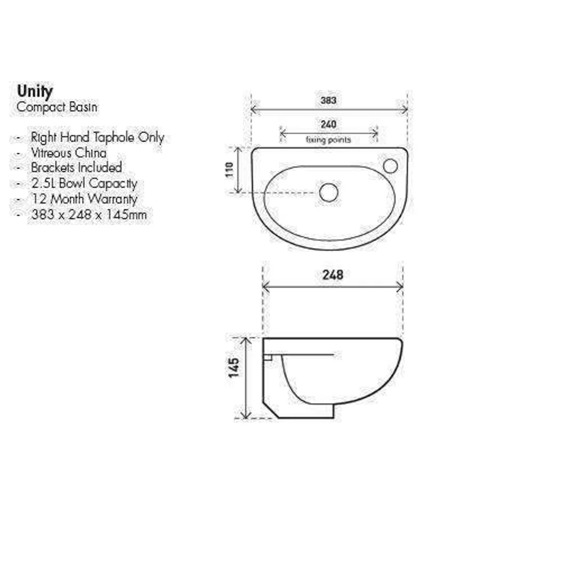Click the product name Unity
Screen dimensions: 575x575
tap(35, 92)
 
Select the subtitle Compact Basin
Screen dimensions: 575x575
tap(57, 107)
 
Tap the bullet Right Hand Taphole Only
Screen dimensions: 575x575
tap(97, 137)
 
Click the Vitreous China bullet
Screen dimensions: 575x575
tap(68, 153)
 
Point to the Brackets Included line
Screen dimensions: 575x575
tap(76, 168)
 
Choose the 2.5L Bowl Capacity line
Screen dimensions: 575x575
tap(84, 184)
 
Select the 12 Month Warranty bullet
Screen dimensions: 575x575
tap(84, 199)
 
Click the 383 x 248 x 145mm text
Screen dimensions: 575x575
tap(88, 215)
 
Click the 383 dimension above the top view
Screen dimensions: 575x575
tap(328, 100)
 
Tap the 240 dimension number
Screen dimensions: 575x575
tap(328, 125)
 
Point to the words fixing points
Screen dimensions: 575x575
tap(328, 140)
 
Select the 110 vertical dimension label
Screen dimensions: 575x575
tap(230, 170)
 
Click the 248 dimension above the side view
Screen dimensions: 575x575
tap(332, 275)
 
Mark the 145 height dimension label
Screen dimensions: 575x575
tap(233, 368)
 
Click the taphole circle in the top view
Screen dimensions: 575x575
tap(390, 166)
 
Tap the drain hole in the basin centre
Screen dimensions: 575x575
tap(328, 192)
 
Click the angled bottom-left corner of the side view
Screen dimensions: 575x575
tap(270, 411)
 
